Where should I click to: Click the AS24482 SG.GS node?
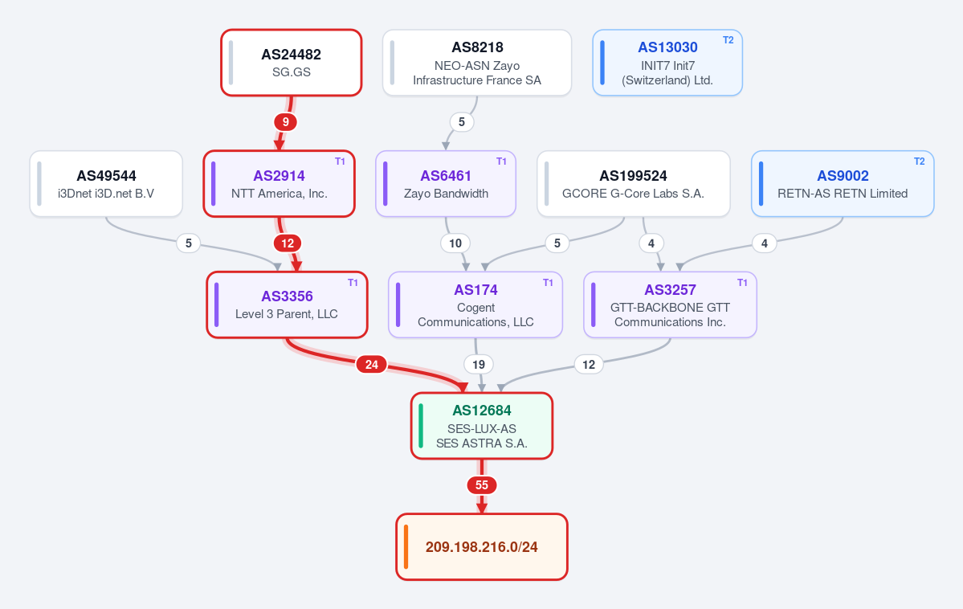point(291,63)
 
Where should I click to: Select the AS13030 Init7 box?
point(667,63)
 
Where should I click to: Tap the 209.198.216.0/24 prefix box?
point(482,547)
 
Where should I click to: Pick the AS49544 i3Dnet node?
point(106,184)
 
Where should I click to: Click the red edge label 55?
point(482,484)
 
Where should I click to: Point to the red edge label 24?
point(372,365)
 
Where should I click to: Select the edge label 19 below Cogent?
point(479,365)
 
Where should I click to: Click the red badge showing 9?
point(286,121)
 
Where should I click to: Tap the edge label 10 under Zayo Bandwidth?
point(455,243)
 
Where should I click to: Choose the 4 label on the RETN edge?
point(764,243)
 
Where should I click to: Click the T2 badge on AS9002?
point(919,161)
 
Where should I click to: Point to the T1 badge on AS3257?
point(742,283)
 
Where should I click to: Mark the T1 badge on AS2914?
point(340,161)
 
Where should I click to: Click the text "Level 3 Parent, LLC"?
point(287,314)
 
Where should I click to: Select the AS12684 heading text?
point(482,411)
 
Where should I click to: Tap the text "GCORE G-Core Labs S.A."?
point(633,194)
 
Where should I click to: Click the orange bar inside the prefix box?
point(406,547)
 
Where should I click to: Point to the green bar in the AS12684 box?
point(421,426)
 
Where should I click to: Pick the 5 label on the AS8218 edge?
point(462,121)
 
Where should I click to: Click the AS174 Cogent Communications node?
point(475,304)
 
